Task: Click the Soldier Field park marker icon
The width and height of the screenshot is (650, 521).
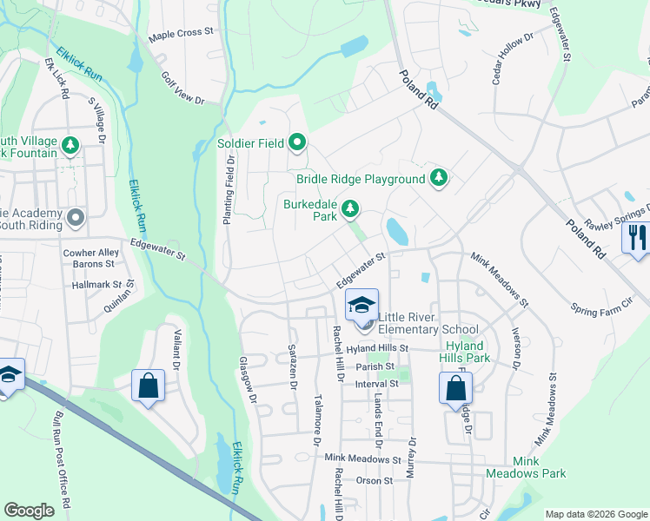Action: click(298, 141)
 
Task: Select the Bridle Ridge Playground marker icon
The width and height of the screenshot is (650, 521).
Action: click(439, 178)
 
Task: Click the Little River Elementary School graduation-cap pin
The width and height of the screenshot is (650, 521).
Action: click(361, 307)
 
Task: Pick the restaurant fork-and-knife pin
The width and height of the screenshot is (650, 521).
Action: click(637, 238)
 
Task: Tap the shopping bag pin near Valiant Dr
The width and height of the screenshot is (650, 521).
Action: click(148, 386)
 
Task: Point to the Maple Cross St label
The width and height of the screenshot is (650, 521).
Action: click(181, 32)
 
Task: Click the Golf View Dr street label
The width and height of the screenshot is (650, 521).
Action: click(182, 89)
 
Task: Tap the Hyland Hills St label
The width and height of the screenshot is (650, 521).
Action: click(377, 348)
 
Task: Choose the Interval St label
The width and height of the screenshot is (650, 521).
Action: click(376, 383)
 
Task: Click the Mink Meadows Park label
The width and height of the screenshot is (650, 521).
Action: click(539, 467)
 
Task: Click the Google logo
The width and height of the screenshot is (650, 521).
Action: click(30, 511)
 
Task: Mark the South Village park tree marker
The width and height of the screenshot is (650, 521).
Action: click(71, 145)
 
